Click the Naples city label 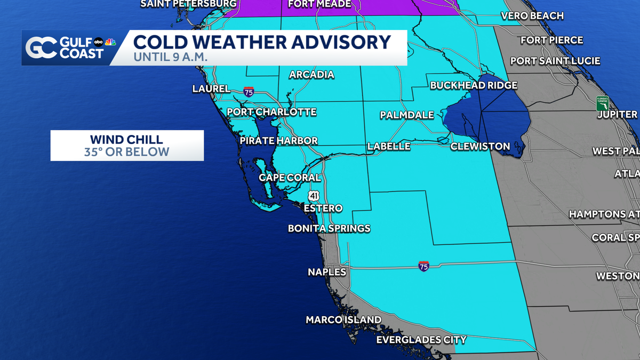tap(327, 272)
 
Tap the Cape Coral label tap(290, 178)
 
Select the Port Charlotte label tap(271, 112)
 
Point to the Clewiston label tap(480, 146)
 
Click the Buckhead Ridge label tap(474, 85)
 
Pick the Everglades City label tap(421, 340)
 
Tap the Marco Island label tap(343, 320)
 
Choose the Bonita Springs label tap(329, 228)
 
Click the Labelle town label tap(389, 146)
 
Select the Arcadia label tap(311, 75)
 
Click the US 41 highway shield tap(314, 196)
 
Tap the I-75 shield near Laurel tap(249, 91)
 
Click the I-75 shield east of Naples tap(423, 266)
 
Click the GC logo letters tap(41, 48)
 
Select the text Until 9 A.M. tap(171, 56)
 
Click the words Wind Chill tap(126, 140)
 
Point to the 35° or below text tap(126, 152)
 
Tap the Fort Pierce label tap(551, 40)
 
